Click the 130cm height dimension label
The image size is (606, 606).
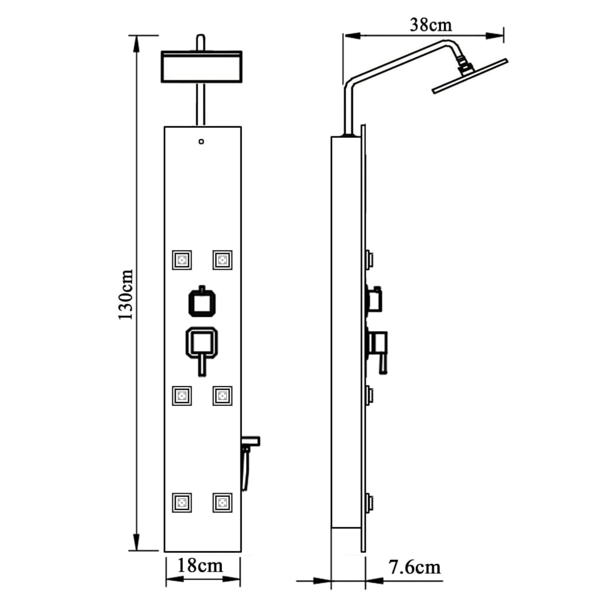[x=125, y=294]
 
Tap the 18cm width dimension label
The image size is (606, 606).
[x=202, y=565]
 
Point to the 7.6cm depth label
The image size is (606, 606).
[x=415, y=567]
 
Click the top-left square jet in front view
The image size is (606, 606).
[x=182, y=259]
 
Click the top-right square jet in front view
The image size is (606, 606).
[x=223, y=259]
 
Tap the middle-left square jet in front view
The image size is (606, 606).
[x=182, y=395]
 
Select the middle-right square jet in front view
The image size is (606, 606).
[x=223, y=395]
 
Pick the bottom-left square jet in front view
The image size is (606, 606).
[x=182, y=502]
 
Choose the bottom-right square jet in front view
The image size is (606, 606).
[x=223, y=502]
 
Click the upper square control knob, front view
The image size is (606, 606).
[x=202, y=302]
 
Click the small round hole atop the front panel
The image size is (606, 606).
[x=202, y=141]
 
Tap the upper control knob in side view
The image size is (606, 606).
[x=375, y=299]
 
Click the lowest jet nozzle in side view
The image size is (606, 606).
[x=370, y=504]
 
